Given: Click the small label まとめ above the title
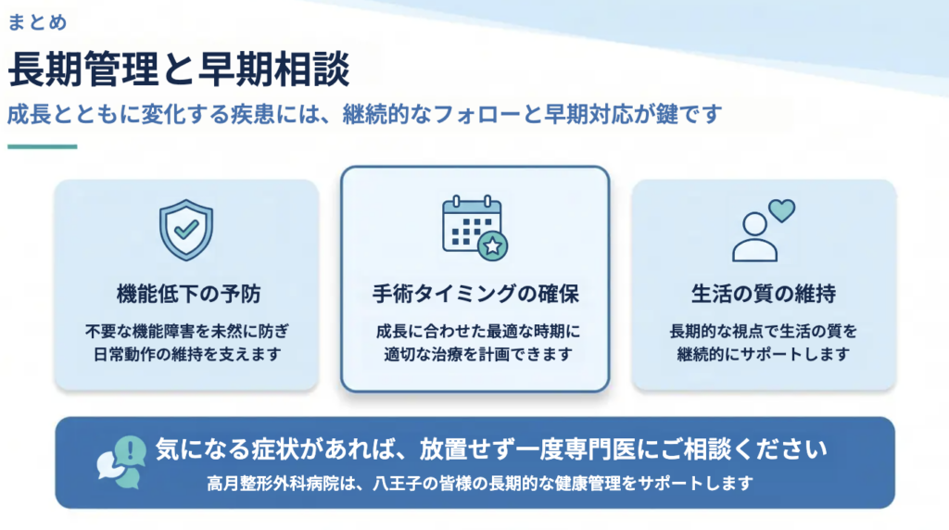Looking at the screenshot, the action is (x=37, y=22).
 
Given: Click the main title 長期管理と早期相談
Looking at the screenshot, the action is (x=179, y=69).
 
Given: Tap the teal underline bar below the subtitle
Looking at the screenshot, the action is (x=43, y=146).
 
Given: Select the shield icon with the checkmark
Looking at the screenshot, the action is (x=186, y=230).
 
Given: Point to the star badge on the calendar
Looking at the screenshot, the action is (x=493, y=246).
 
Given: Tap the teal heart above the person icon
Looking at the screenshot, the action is (x=782, y=211).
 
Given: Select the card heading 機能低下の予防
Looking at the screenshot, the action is (x=188, y=294).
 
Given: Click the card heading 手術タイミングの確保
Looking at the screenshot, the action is (x=475, y=294).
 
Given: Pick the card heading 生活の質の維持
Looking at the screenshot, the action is (x=764, y=294).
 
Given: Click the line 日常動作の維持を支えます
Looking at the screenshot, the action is (x=187, y=354).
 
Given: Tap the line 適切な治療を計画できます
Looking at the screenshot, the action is (x=477, y=354).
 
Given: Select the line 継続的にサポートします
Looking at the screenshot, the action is (x=764, y=354).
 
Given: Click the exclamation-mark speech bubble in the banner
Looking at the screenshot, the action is (x=130, y=450).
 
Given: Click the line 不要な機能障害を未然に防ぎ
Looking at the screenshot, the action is (x=187, y=332).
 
